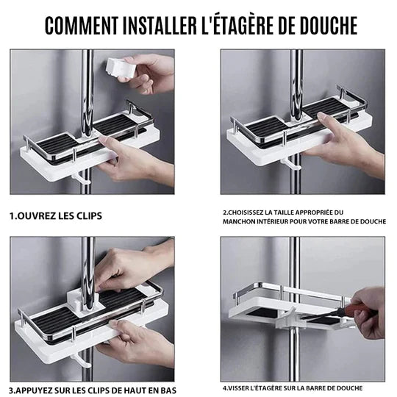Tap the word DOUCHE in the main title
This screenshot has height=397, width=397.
click(320, 24)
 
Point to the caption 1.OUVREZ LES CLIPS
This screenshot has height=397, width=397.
click(56, 216)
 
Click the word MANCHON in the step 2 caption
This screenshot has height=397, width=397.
click(241, 221)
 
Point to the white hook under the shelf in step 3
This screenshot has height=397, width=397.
click(82, 361)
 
